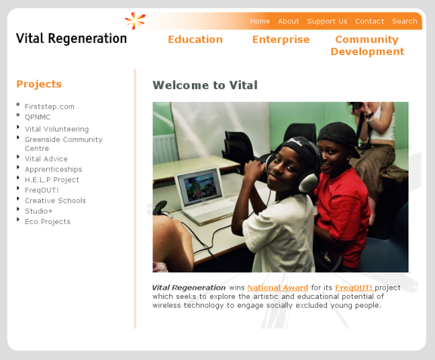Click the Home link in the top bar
[x=260, y=21]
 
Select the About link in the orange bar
[x=288, y=21]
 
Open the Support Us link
[x=327, y=21]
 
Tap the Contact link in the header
[x=369, y=21]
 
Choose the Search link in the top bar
[x=405, y=21]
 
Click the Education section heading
[x=196, y=39]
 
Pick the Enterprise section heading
[x=281, y=39]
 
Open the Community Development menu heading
[x=367, y=45]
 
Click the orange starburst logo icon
[x=135, y=20]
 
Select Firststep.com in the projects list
[x=49, y=106]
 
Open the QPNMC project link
[x=38, y=117]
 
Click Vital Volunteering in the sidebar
[x=57, y=129]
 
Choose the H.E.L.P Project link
[x=52, y=180]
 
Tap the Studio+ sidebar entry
[x=39, y=211]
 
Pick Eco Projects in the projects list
[x=48, y=222]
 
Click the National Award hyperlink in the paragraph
[x=278, y=288]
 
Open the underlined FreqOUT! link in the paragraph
[x=354, y=288]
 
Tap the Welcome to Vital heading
[x=205, y=85]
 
